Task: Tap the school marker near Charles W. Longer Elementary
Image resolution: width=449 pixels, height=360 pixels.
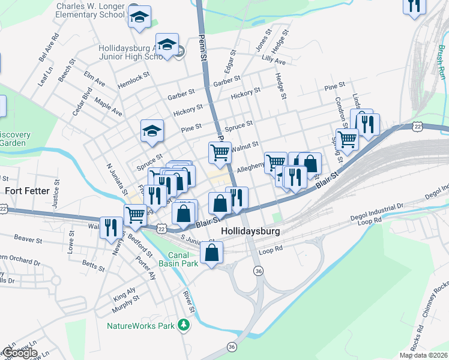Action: pyautogui.click(x=139, y=18)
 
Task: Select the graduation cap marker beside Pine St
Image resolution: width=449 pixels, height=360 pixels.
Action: pyautogui.click(x=152, y=131)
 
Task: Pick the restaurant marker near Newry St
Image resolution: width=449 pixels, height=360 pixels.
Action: pyautogui.click(x=111, y=227)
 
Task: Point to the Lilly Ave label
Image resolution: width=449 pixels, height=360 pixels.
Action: pyautogui.click(x=273, y=61)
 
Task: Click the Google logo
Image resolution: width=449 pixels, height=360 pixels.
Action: pyautogui.click(x=19, y=353)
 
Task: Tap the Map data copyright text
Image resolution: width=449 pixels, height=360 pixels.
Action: pyautogui.click(x=424, y=355)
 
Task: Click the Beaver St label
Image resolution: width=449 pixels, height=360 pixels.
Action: pyautogui.click(x=28, y=239)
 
